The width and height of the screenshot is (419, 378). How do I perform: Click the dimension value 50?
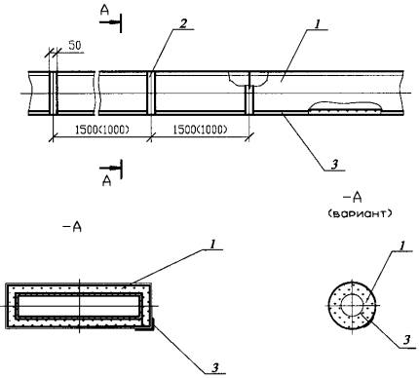tap(75, 46)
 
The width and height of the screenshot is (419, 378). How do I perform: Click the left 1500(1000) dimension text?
tap(102, 130)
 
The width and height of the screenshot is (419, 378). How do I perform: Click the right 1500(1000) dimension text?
tap(200, 130)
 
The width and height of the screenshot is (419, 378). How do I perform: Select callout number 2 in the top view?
tap(183, 23)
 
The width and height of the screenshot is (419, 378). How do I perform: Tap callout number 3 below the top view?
tap(334, 165)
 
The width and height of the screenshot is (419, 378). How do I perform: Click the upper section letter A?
tap(104, 11)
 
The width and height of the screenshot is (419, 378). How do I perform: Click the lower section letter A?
tap(106, 181)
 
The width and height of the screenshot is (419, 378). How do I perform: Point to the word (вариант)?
tap(360, 214)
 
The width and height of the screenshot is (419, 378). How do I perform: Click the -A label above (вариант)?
tap(353, 198)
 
